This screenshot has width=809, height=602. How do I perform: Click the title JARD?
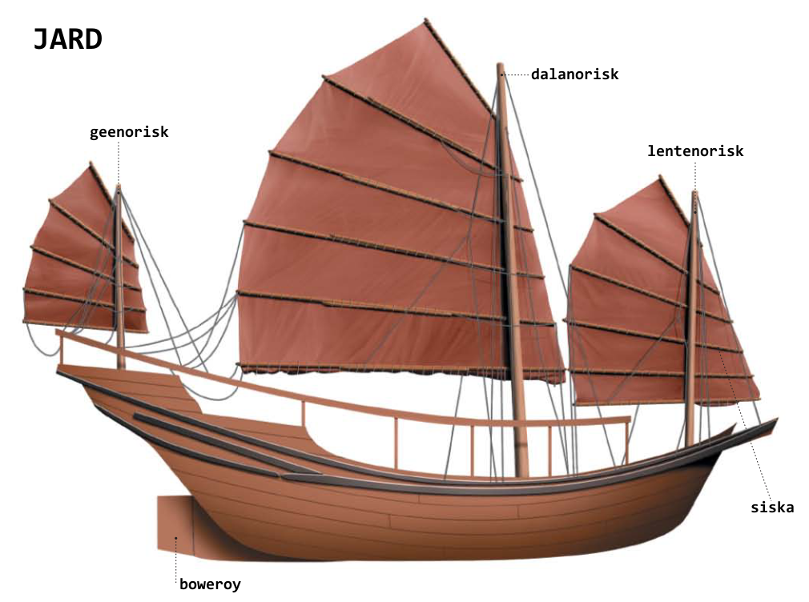pyautogui.click(x=67, y=38)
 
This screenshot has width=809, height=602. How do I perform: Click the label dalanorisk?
pyautogui.click(x=574, y=74)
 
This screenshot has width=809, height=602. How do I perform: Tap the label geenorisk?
pyautogui.click(x=129, y=132)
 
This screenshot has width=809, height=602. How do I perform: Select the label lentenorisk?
pyautogui.click(x=695, y=150)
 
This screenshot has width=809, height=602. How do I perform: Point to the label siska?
pyautogui.click(x=772, y=507)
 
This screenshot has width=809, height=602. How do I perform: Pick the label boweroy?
pyautogui.click(x=210, y=584)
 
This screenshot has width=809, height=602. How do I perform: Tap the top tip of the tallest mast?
pyautogui.click(x=501, y=66)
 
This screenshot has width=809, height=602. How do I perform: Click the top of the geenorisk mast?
pyautogui.click(x=118, y=188)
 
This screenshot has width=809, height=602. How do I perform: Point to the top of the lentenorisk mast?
pyautogui.click(x=694, y=194)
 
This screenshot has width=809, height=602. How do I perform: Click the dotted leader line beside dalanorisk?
pyautogui.click(x=517, y=74)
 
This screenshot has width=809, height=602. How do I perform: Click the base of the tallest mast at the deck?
pyautogui.click(x=521, y=472)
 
